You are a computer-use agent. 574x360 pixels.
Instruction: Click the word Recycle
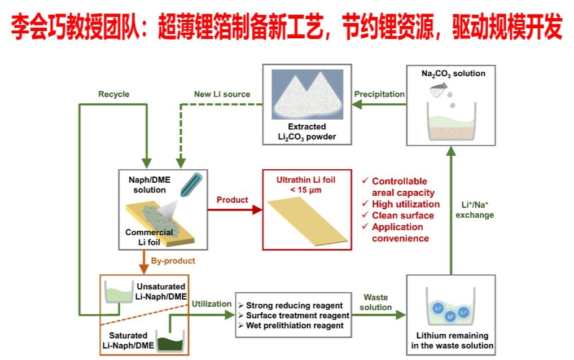tap(113, 94)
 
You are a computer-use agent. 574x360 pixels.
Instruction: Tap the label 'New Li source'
tap(222, 94)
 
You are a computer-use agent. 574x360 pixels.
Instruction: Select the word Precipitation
tap(379, 94)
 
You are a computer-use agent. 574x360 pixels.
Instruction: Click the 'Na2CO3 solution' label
tap(453, 73)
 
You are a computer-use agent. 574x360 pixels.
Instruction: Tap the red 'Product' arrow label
tap(232, 200)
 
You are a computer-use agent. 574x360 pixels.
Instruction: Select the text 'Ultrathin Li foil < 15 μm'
tap(305, 185)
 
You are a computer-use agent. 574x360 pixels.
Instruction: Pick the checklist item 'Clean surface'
tap(403, 215)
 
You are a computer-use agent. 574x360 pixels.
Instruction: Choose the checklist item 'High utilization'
tap(405, 204)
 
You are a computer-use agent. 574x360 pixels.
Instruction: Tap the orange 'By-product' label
tap(173, 261)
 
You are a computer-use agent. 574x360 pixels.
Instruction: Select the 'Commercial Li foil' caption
tap(149, 238)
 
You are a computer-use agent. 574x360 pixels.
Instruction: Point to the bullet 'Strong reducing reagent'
tap(291, 305)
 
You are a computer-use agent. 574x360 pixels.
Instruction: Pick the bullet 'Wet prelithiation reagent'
tap(291, 326)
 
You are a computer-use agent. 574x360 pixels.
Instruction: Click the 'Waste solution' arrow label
tap(375, 302)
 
